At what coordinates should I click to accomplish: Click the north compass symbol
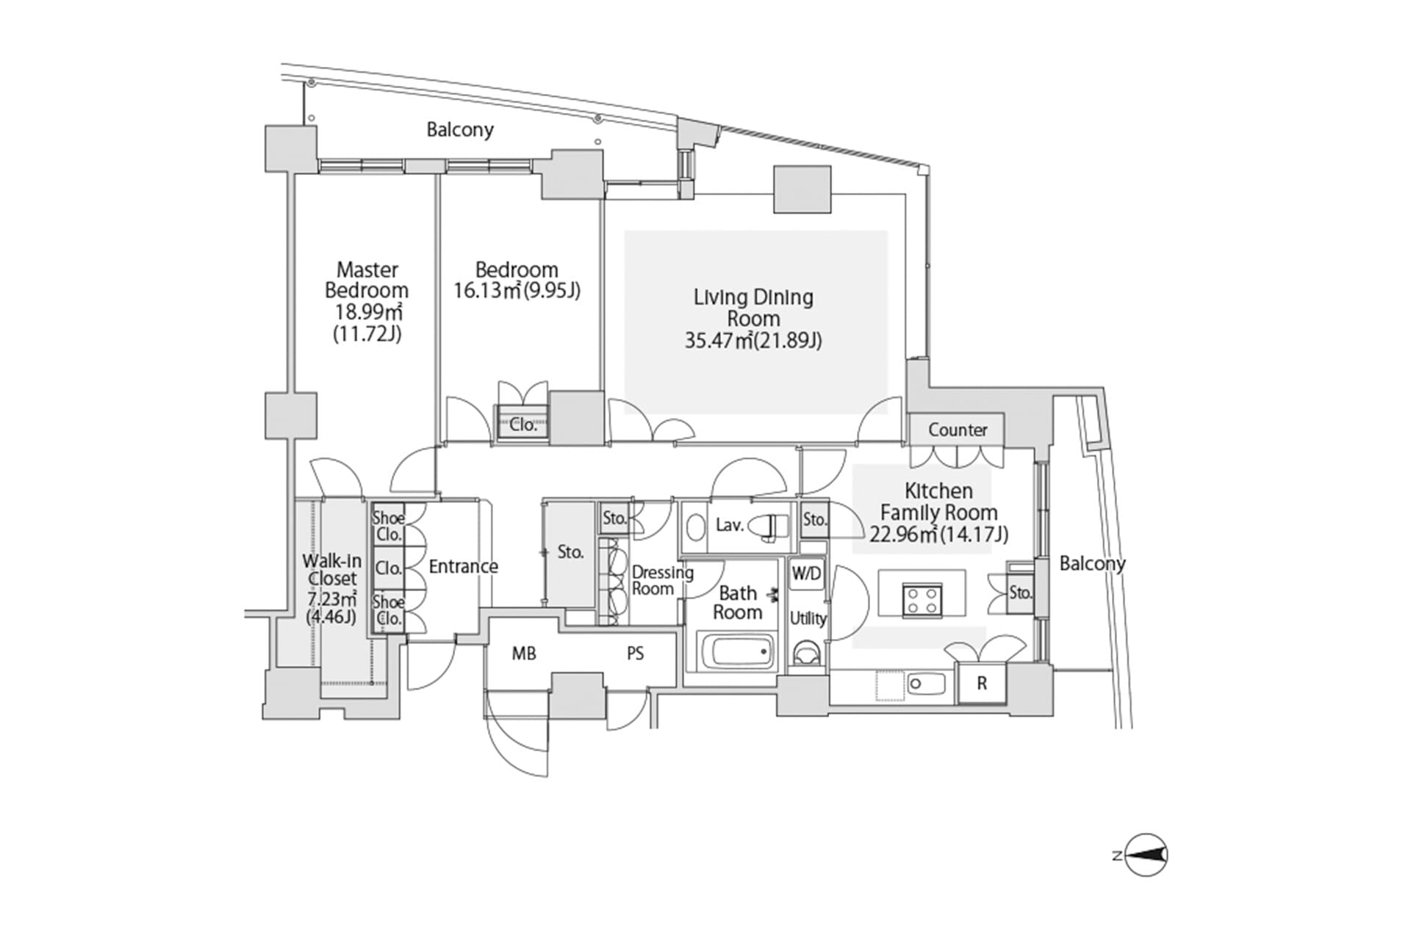click(1146, 855)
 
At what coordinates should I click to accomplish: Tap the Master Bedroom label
click(367, 280)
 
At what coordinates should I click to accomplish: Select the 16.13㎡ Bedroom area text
click(517, 291)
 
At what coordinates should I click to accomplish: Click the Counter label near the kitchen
click(957, 430)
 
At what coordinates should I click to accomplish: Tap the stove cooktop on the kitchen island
click(922, 598)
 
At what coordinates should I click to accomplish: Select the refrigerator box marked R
click(982, 684)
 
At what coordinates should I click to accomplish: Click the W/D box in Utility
click(806, 574)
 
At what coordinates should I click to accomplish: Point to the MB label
click(524, 653)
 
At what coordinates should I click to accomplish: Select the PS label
click(635, 653)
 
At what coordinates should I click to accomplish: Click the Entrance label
click(463, 566)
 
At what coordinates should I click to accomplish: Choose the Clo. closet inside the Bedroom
click(523, 424)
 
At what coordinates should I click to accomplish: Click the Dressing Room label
click(662, 580)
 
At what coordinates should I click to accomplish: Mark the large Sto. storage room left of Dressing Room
click(570, 552)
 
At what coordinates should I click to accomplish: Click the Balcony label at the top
click(460, 130)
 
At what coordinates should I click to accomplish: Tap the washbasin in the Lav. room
click(694, 526)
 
